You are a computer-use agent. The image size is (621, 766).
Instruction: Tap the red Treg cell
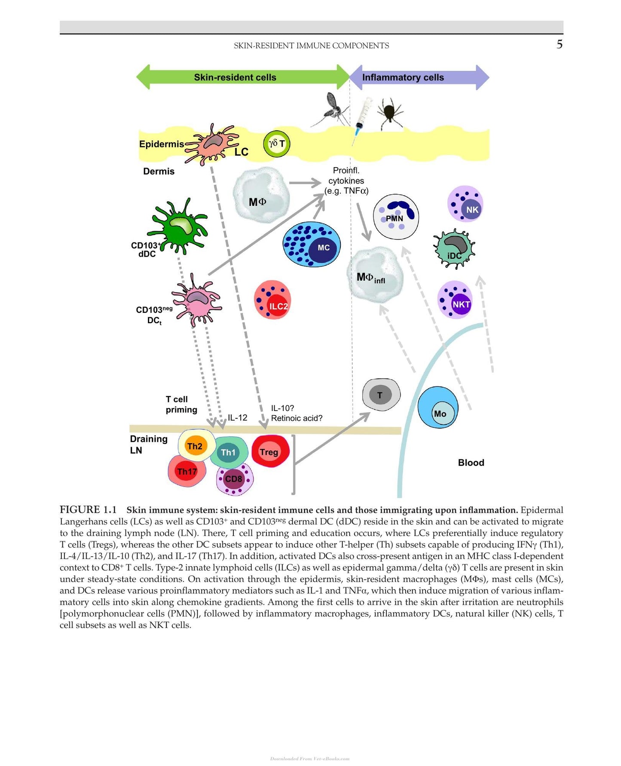[270, 451]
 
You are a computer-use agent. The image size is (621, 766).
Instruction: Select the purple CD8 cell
[235, 478]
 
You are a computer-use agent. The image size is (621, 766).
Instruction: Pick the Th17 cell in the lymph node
[187, 471]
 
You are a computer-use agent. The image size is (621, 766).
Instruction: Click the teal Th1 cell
[229, 453]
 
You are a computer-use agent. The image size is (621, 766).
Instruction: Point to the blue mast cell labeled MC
[312, 245]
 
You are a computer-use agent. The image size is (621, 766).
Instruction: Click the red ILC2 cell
[272, 300]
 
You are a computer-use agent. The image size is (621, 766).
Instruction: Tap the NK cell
[465, 204]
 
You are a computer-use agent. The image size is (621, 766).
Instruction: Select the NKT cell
[455, 300]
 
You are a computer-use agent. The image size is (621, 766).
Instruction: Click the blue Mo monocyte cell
[437, 407]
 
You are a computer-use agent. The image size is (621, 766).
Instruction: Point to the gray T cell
[381, 395]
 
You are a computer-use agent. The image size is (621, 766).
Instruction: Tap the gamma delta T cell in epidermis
[277, 144]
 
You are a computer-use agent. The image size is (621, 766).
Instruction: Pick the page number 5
[559, 44]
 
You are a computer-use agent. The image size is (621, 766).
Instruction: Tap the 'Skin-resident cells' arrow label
[235, 77]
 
